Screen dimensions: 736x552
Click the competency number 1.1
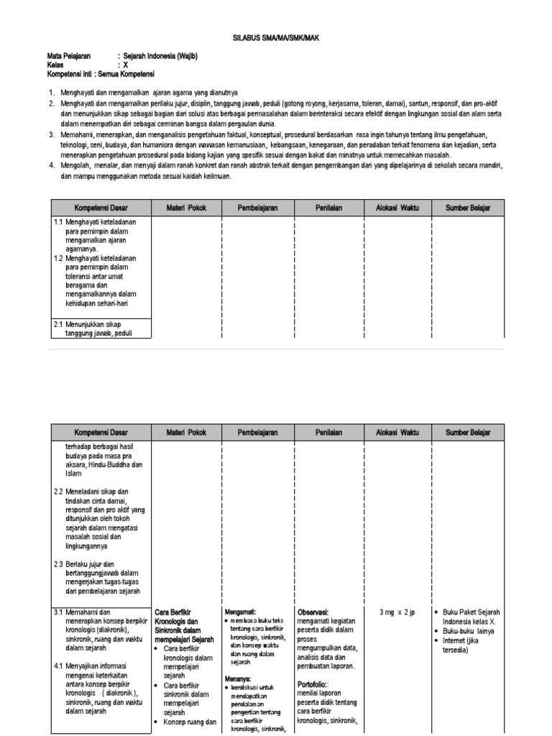point(59,222)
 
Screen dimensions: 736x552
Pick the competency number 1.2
point(59,257)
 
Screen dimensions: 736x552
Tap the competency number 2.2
point(59,492)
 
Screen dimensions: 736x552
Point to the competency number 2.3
point(59,563)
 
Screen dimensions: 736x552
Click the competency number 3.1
point(59,612)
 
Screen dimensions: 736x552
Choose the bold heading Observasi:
point(313,612)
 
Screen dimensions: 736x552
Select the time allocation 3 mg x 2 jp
point(397,612)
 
